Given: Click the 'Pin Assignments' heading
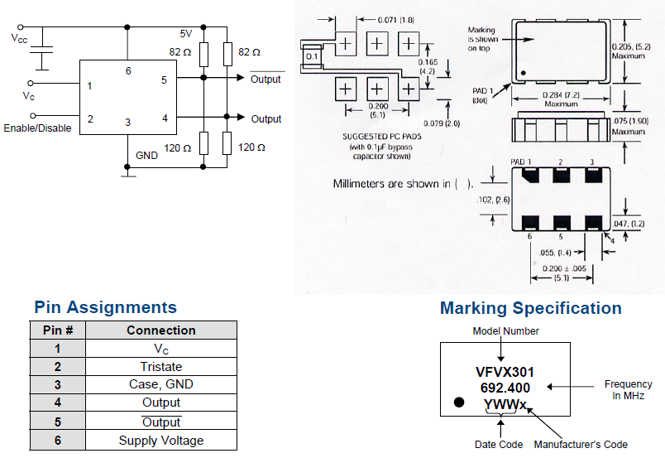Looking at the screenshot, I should [x=105, y=307].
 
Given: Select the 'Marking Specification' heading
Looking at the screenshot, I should [x=530, y=308].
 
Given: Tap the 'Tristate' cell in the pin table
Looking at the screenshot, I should [x=161, y=366].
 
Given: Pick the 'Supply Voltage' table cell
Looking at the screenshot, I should [x=161, y=441].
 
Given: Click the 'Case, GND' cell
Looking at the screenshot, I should [x=161, y=384].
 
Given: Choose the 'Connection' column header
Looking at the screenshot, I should [x=161, y=330].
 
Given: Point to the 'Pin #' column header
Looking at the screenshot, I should [x=58, y=330].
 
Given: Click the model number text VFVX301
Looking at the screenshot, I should [x=505, y=372].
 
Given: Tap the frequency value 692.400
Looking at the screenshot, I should [x=505, y=388].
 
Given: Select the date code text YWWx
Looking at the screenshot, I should [x=505, y=405].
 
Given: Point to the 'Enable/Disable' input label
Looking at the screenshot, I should [x=37, y=128].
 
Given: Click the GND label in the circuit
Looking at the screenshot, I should [x=146, y=155].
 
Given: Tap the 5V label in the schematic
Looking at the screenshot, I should [x=186, y=34].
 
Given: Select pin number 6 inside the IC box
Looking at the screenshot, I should [x=128, y=71].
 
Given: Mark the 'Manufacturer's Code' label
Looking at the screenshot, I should [x=581, y=445].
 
